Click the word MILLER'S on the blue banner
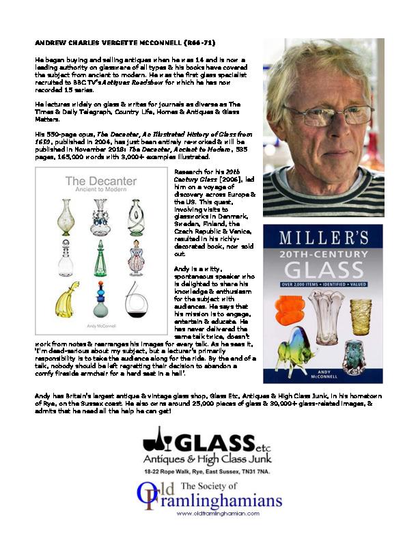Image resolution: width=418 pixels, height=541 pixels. [x=322, y=238]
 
